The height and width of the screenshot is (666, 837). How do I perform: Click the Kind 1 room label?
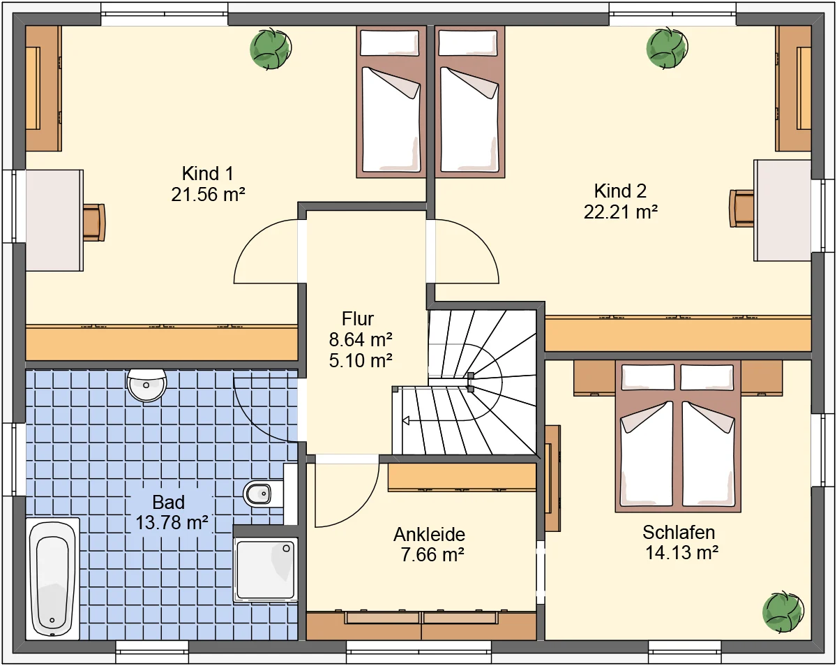[208, 174]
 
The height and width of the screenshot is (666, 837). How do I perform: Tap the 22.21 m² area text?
[620, 212]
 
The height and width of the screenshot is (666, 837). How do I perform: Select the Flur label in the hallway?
[358, 319]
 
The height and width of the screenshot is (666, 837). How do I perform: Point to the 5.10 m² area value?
[361, 360]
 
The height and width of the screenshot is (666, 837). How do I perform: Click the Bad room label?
[168, 502]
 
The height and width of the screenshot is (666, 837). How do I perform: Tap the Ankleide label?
[430, 535]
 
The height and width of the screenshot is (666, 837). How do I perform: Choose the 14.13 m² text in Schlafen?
[681, 552]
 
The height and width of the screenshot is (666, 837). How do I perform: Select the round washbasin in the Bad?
[146, 385]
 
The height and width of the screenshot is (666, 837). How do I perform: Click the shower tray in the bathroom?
[266, 570]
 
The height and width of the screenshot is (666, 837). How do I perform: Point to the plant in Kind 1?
[271, 49]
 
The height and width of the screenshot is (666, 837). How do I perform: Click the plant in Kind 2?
[667, 48]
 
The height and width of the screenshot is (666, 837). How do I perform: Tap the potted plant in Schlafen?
[783, 612]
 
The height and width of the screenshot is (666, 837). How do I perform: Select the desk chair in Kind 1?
[94, 222]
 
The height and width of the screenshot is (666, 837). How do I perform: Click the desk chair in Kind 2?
[741, 208]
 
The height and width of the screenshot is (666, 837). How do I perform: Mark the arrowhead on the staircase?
[406, 420]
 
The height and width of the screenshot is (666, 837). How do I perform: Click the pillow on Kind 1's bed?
[390, 43]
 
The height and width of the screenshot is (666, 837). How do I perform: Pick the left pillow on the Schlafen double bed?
[648, 377]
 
